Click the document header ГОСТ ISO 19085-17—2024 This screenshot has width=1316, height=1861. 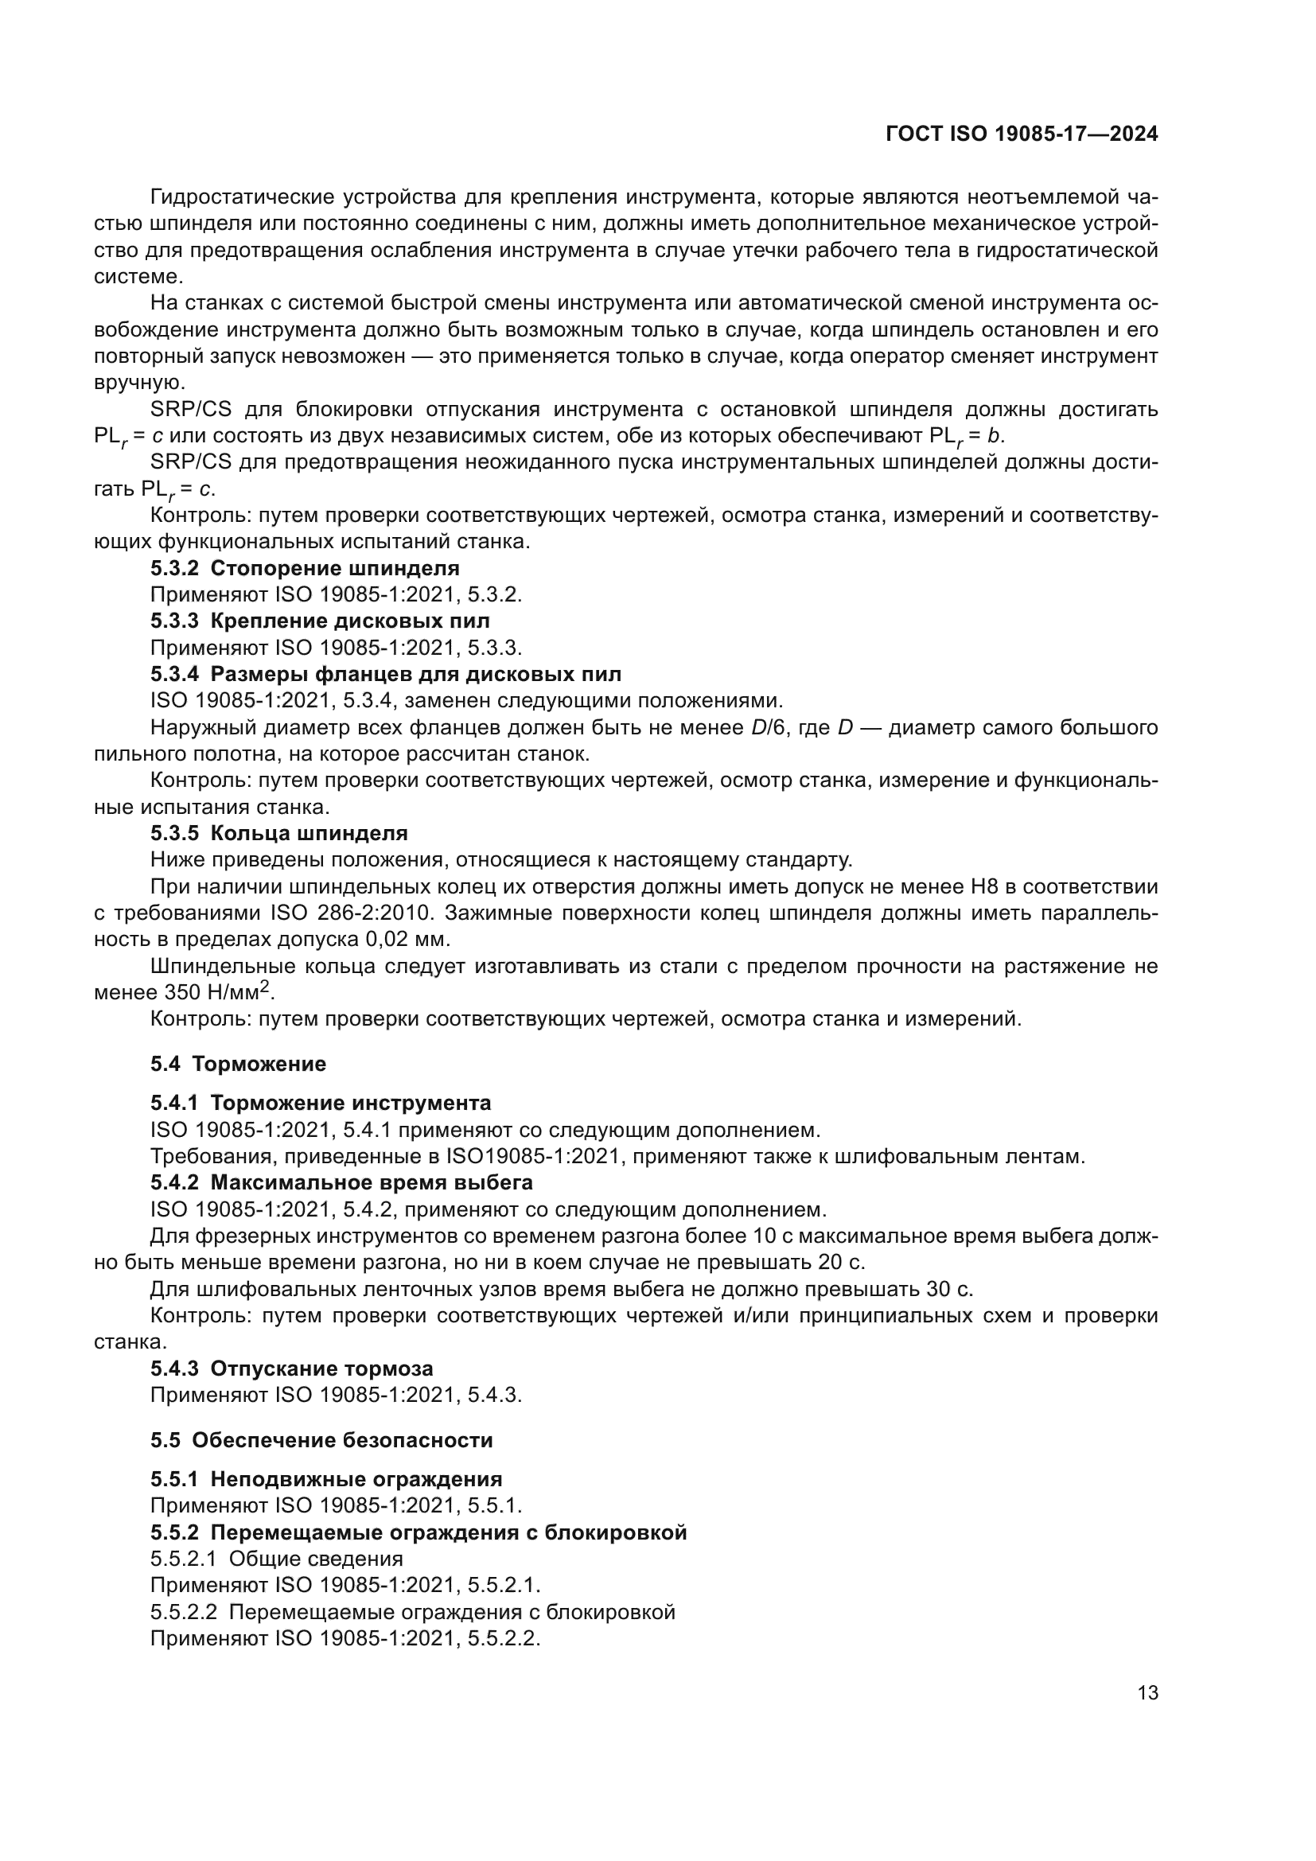click(1022, 134)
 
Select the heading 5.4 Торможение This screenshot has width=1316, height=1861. click(238, 1065)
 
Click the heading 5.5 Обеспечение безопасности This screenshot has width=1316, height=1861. click(321, 1440)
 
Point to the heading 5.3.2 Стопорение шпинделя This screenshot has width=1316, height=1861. click(305, 568)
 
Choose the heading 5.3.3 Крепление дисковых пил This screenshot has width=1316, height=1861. click(320, 621)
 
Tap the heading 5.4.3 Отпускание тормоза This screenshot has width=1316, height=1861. click(292, 1368)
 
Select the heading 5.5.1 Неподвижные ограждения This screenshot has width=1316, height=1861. click(325, 1479)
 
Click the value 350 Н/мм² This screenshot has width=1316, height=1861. click(219, 992)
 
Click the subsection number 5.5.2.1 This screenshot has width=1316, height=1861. click(182, 1559)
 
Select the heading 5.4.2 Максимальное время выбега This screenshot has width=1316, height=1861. click(341, 1182)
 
